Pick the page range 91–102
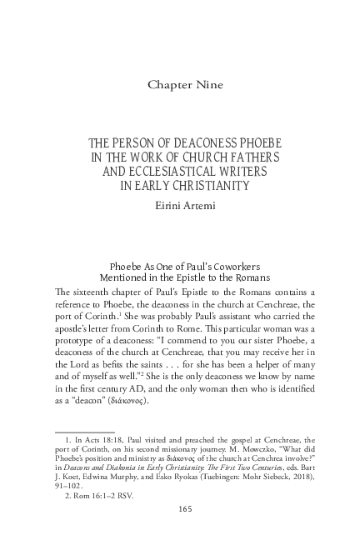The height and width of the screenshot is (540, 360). click(x=72, y=486)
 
